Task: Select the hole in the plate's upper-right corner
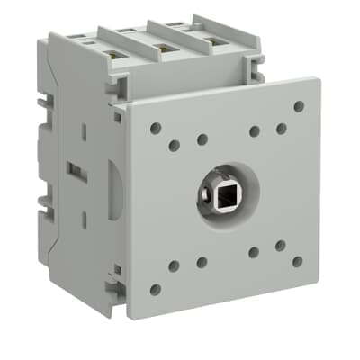tap(298, 106)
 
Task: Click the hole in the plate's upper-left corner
tap(155, 129)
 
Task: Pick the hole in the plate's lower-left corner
tap(155, 289)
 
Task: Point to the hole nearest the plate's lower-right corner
tap(297, 261)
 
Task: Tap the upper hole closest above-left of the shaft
tap(202, 139)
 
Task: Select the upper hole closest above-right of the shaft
tap(255, 131)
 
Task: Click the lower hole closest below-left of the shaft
tap(202, 262)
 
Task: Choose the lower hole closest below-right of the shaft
tap(254, 253)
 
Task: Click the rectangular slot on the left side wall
tap(75, 168)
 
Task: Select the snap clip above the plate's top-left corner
tap(115, 91)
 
